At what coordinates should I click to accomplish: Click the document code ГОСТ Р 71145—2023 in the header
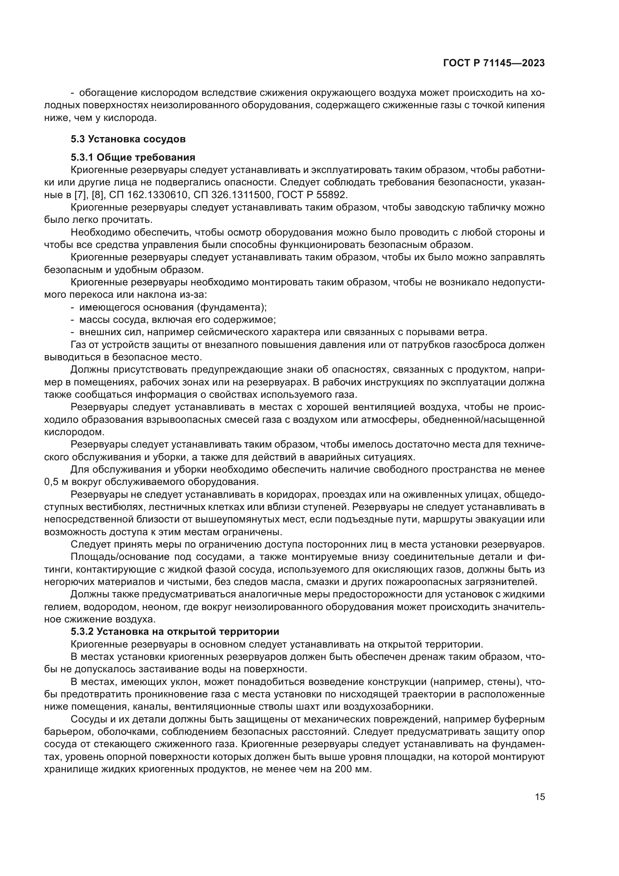(x=494, y=63)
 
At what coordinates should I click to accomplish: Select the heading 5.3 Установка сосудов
(x=128, y=139)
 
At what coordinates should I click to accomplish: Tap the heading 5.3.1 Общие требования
(x=133, y=157)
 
